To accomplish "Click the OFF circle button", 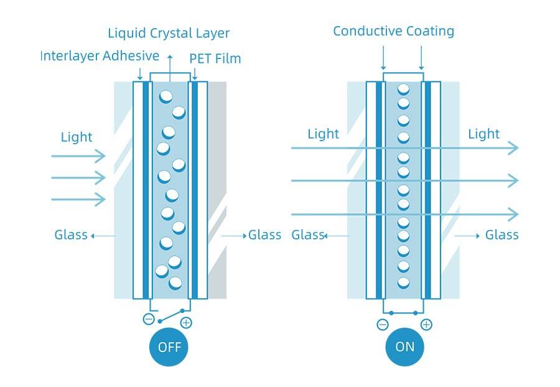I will click(169, 347).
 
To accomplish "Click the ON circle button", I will click(404, 347).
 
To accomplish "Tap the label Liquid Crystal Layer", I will click(169, 33).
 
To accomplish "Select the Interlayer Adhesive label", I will click(100, 56).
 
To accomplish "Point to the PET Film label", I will click(215, 59).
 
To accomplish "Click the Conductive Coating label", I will click(393, 31).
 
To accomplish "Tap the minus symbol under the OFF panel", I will click(149, 319).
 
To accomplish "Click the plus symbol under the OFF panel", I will click(185, 322).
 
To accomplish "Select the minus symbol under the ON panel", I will click(383, 324).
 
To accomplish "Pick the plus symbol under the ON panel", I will click(426, 324).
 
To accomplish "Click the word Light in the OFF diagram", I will click(77, 137).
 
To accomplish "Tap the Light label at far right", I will click(483, 134).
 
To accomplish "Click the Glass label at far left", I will click(70, 235).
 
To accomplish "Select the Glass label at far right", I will click(502, 235).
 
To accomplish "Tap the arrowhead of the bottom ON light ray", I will click(513, 215).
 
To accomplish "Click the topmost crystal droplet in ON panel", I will click(404, 88).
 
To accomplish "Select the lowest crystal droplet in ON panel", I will click(404, 282).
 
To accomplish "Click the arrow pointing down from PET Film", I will click(195, 73).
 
